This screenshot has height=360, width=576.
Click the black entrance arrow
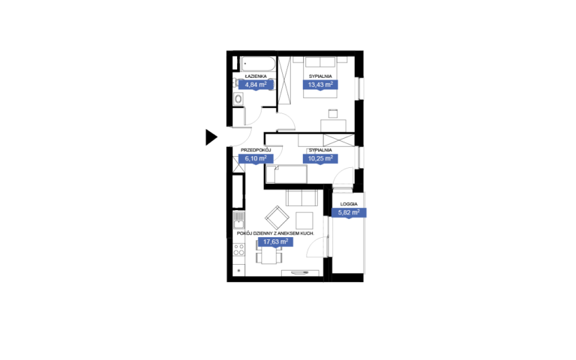[211, 137]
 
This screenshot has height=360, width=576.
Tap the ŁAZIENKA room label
[256, 76]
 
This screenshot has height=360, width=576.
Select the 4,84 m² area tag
[256, 85]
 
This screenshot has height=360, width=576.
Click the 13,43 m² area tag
[320, 85]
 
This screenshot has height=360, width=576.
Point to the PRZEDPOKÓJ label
[256, 150]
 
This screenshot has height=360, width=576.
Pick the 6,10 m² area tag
[256, 159]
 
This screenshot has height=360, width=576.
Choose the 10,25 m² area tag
[320, 159]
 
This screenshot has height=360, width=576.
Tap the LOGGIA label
[349, 204]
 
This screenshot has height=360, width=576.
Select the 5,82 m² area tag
[349, 213]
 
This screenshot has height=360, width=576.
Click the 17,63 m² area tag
[275, 241]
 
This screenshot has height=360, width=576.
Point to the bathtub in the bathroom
[257, 64]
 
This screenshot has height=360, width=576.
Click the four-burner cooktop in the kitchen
[238, 250]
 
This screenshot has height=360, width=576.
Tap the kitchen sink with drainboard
[238, 220]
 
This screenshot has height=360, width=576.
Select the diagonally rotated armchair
[277, 217]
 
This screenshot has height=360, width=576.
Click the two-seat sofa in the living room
[301, 198]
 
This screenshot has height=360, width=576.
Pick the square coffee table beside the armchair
[304, 220]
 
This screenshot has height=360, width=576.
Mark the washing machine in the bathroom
[238, 98]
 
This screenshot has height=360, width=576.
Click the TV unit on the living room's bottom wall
[301, 273]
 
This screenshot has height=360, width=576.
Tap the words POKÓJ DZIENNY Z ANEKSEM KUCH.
[275, 233]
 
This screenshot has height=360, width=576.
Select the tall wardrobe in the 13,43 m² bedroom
[284, 80]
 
